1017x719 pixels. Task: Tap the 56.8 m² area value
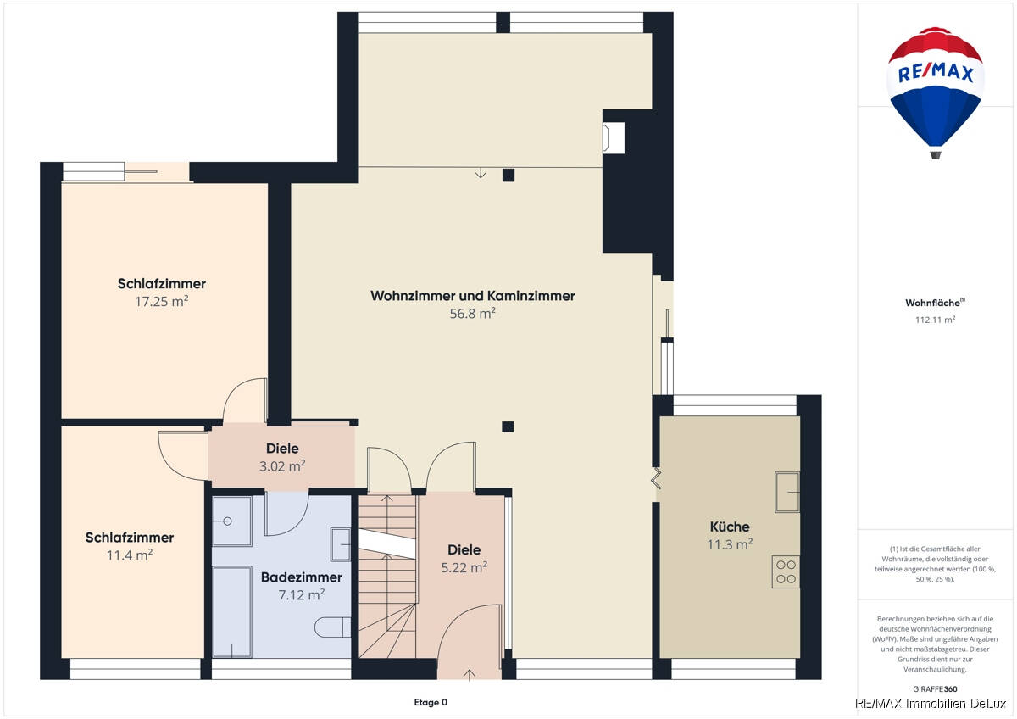click(x=472, y=314)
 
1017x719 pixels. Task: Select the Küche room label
click(x=730, y=527)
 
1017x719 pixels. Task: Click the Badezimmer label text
click(x=302, y=577)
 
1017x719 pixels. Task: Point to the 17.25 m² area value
click(x=162, y=301)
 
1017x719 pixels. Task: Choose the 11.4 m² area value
click(x=130, y=555)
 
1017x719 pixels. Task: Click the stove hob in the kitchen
click(x=786, y=571)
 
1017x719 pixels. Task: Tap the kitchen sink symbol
click(x=786, y=492)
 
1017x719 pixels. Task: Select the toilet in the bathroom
click(x=332, y=627)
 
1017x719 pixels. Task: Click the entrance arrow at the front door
click(x=470, y=675)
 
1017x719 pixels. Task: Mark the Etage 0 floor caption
click(x=431, y=702)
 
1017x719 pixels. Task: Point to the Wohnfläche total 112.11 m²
click(x=936, y=320)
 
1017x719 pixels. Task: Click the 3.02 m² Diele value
click(x=282, y=466)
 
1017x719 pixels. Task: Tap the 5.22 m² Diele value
click(x=464, y=567)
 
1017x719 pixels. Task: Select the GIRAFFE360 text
click(x=935, y=689)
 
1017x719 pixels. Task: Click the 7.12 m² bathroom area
click(x=302, y=594)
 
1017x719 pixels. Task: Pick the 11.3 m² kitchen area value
click(x=730, y=544)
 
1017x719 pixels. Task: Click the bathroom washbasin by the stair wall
click(x=341, y=544)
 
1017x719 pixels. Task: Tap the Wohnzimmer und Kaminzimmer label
click(x=473, y=296)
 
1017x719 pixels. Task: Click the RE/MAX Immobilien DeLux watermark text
click(x=931, y=704)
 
